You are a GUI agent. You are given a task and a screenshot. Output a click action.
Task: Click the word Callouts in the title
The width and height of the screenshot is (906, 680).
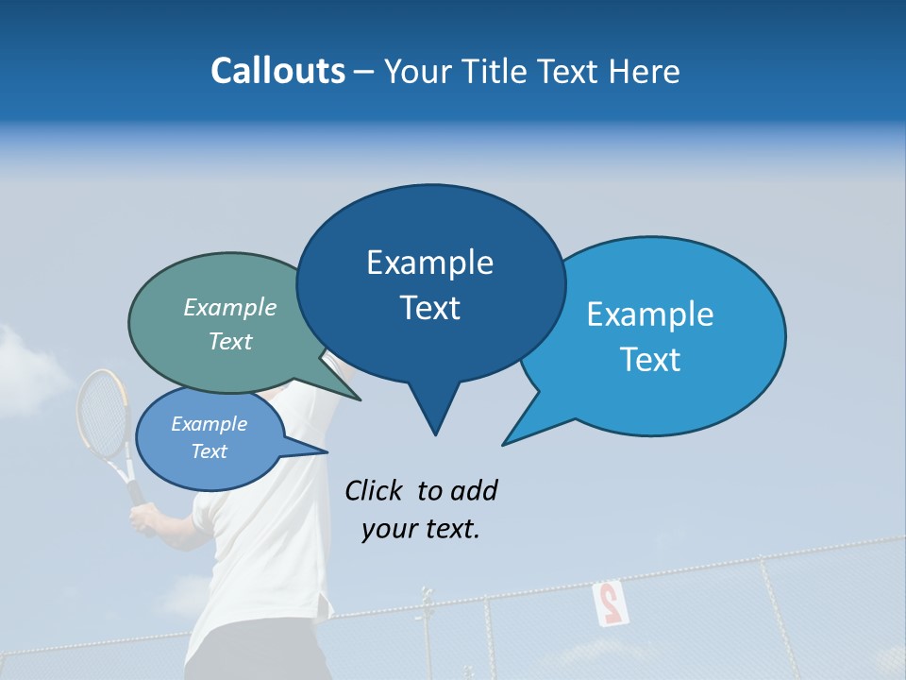coord(277,71)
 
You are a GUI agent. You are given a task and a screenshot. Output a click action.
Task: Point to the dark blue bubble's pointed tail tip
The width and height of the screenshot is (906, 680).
coord(435,434)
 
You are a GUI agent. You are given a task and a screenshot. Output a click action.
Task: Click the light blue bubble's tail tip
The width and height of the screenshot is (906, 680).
coord(504,443)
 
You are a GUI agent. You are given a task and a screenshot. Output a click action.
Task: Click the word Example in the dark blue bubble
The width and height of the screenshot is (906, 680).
coord(429,263)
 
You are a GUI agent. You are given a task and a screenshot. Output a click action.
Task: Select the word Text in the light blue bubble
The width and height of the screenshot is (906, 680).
coord(650,360)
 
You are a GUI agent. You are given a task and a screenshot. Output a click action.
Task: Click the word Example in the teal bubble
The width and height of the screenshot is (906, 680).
coord(230,308)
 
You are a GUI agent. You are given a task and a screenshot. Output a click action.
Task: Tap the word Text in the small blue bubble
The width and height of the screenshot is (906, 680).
coord(210,451)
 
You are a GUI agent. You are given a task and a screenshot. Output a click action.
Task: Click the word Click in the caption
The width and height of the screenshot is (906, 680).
coord(374,490)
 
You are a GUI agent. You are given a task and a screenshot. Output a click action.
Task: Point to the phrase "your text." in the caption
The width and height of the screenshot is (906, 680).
coord(421,529)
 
